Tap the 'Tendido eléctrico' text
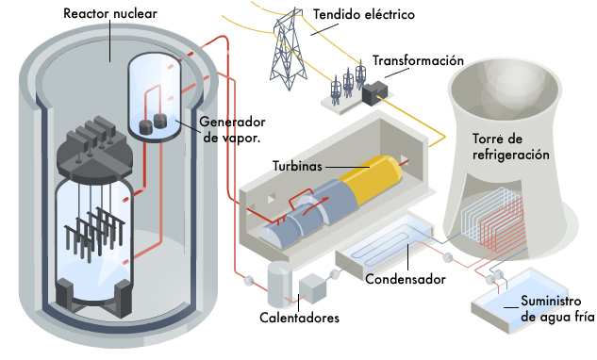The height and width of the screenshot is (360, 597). click(x=362, y=16)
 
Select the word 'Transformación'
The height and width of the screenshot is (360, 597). click(x=418, y=60)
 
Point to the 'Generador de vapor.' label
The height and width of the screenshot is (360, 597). click(x=233, y=130)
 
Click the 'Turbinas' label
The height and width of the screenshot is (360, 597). click(x=297, y=166)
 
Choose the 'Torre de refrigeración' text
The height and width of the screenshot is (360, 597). click(x=509, y=147)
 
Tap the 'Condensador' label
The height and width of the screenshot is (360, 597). click(x=406, y=279)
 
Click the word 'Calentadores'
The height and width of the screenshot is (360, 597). click(x=299, y=318)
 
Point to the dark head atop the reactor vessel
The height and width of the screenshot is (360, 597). click(x=92, y=151)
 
